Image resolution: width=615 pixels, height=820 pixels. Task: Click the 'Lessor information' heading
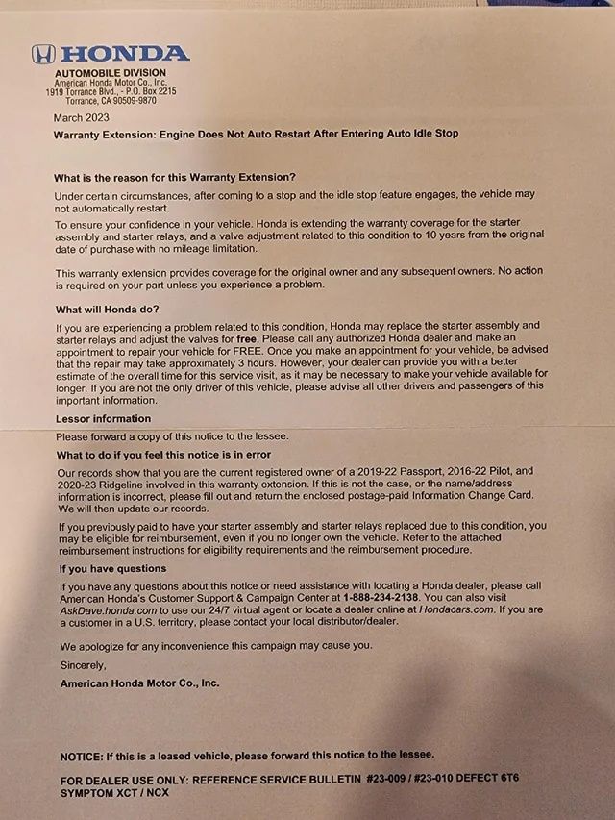(104, 418)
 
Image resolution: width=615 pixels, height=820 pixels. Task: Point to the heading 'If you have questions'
(112, 568)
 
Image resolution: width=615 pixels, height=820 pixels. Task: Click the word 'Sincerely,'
(84, 664)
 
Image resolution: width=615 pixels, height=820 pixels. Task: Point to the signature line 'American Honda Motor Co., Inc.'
(139, 683)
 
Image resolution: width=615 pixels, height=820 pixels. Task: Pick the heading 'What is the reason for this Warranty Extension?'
(175, 177)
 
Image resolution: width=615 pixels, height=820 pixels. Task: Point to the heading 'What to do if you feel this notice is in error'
(163, 454)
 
